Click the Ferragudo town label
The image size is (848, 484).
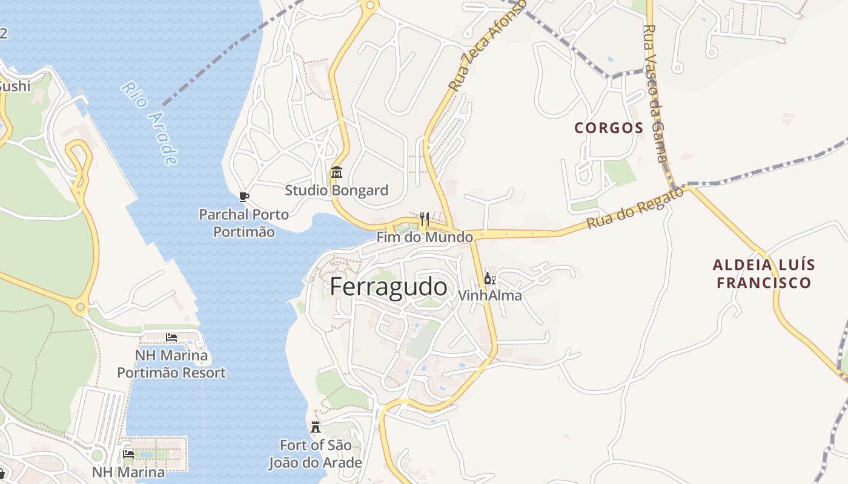click(x=388, y=287)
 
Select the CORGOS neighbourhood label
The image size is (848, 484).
click(x=609, y=128)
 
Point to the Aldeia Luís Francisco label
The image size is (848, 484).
click(x=763, y=273)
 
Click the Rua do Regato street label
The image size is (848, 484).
click(x=635, y=208)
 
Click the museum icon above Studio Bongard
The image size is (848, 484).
click(x=337, y=173)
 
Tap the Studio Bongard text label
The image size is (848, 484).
click(x=336, y=191)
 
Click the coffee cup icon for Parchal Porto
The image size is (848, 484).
click(x=243, y=197)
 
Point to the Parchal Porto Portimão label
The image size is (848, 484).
click(x=244, y=223)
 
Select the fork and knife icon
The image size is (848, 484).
click(x=424, y=218)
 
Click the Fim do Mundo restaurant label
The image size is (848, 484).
click(x=425, y=237)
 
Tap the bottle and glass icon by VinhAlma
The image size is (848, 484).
click(x=489, y=279)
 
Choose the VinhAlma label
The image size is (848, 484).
click(x=490, y=296)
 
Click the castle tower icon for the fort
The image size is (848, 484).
click(x=315, y=427)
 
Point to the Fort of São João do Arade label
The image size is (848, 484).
click(x=315, y=454)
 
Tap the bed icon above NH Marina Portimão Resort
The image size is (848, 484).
click(x=171, y=337)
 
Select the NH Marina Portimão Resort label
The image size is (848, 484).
click(x=171, y=364)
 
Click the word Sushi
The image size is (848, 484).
click(x=15, y=86)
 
